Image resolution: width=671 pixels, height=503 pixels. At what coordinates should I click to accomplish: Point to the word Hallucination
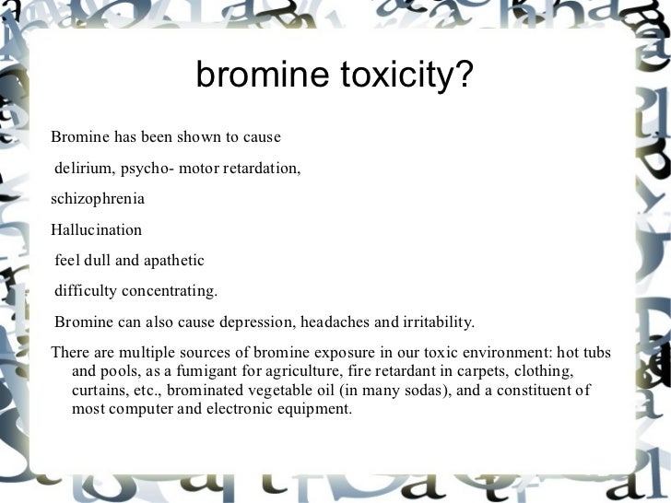pos(97,229)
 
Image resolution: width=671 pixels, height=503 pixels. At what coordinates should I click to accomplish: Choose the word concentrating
pos(169,291)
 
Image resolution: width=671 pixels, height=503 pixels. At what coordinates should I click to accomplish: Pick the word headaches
pos(343,322)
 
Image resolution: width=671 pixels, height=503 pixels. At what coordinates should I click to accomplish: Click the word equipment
pos(311,408)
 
